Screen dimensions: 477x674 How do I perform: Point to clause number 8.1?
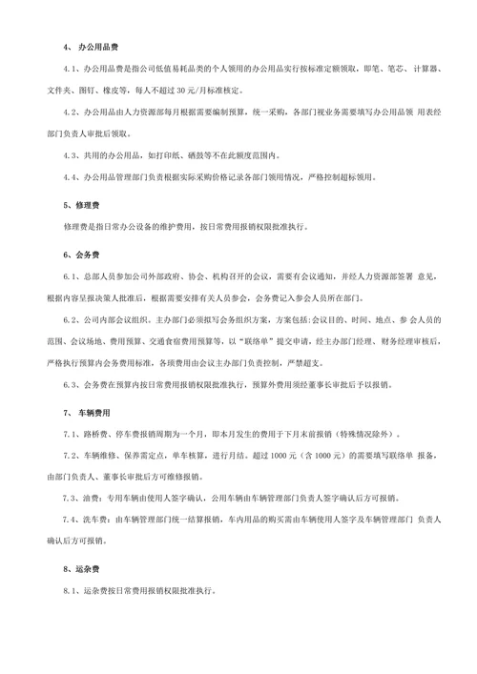[x=73, y=591]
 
